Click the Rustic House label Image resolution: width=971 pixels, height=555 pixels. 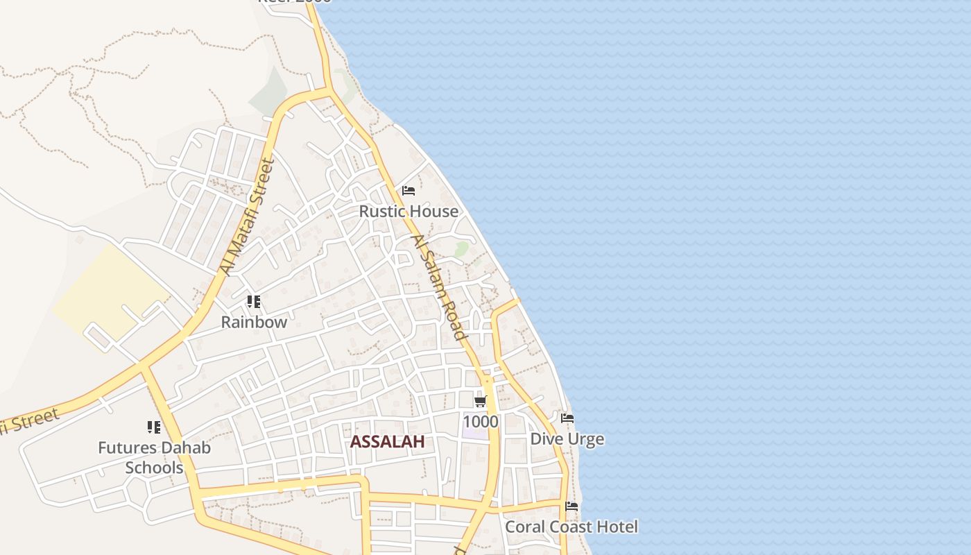tap(409, 211)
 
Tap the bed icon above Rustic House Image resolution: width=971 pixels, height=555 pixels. tap(409, 191)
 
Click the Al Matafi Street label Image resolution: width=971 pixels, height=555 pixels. tap(246, 217)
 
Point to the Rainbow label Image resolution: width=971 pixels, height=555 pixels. tap(254, 322)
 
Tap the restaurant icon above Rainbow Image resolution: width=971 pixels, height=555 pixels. tap(254, 302)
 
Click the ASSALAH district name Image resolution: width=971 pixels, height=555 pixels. tap(387, 442)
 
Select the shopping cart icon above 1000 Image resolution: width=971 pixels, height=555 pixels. tap(480, 401)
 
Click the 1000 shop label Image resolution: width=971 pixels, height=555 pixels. tap(480, 422)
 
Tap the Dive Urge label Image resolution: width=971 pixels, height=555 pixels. tap(567, 439)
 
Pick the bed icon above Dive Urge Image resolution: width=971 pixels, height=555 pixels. tap(567, 418)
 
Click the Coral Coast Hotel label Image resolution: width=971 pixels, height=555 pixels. tap(571, 527)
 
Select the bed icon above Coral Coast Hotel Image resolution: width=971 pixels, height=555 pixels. tap(572, 506)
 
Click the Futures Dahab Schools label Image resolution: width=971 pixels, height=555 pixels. tap(154, 457)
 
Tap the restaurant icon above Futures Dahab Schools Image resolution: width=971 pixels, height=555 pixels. tap(154, 427)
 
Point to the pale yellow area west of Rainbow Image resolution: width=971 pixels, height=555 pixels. tap(111, 291)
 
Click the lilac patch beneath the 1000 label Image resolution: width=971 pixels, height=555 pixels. tap(474, 434)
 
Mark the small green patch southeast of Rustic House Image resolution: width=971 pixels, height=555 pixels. tap(461, 248)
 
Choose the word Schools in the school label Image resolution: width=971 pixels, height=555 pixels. tap(154, 468)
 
